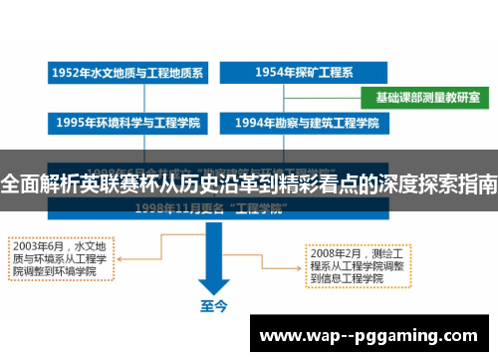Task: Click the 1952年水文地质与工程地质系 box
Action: pyautogui.click(x=127, y=74)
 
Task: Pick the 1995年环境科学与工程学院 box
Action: pyautogui.click(x=127, y=124)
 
